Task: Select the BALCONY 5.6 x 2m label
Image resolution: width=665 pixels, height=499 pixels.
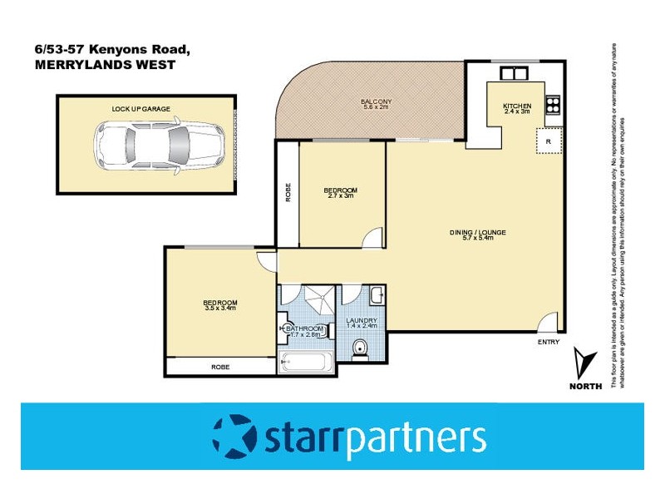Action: (376, 104)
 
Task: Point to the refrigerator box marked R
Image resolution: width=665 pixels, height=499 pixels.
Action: (549, 141)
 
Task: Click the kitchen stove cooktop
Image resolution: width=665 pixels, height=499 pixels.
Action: (553, 105)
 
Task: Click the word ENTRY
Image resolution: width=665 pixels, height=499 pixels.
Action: (549, 343)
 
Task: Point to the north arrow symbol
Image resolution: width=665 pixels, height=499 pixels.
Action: (584, 363)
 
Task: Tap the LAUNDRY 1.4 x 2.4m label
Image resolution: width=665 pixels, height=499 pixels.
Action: (362, 323)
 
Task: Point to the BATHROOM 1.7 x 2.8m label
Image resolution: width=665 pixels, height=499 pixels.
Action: (304, 332)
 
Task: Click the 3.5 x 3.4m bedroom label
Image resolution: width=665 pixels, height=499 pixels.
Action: (220, 305)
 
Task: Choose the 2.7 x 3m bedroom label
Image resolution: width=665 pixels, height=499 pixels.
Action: (341, 193)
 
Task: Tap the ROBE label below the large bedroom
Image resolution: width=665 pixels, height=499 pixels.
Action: (220, 367)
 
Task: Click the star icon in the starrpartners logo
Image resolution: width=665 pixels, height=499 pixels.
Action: (234, 436)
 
